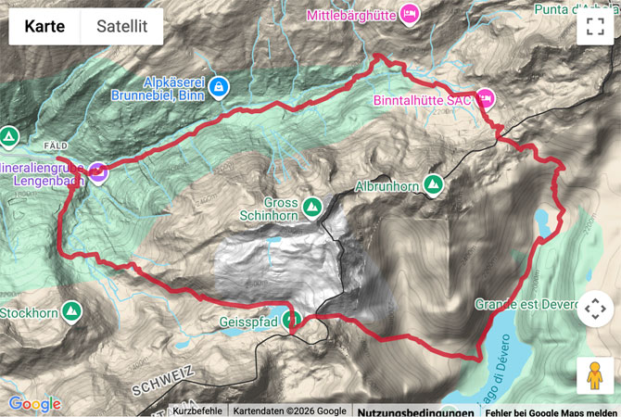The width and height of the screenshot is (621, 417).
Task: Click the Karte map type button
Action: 44,27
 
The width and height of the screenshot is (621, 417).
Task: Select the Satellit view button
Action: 122,27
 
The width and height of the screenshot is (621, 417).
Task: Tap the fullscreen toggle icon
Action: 594,27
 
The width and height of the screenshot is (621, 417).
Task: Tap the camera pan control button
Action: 594,309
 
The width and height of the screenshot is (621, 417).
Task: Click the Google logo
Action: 34,404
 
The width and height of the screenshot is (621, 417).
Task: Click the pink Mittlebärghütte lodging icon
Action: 410,13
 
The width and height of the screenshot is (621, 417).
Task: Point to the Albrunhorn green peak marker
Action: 433,184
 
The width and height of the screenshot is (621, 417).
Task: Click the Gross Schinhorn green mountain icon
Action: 312,205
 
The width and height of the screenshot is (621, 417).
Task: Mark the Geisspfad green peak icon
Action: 292,321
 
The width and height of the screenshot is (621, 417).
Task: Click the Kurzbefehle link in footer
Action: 198,411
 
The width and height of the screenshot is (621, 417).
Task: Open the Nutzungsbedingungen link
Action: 404,411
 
